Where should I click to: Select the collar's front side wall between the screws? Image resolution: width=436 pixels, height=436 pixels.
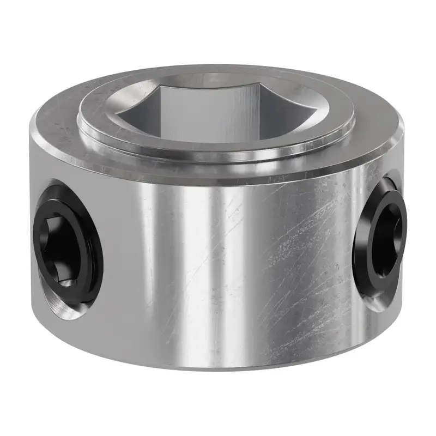[218, 272]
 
